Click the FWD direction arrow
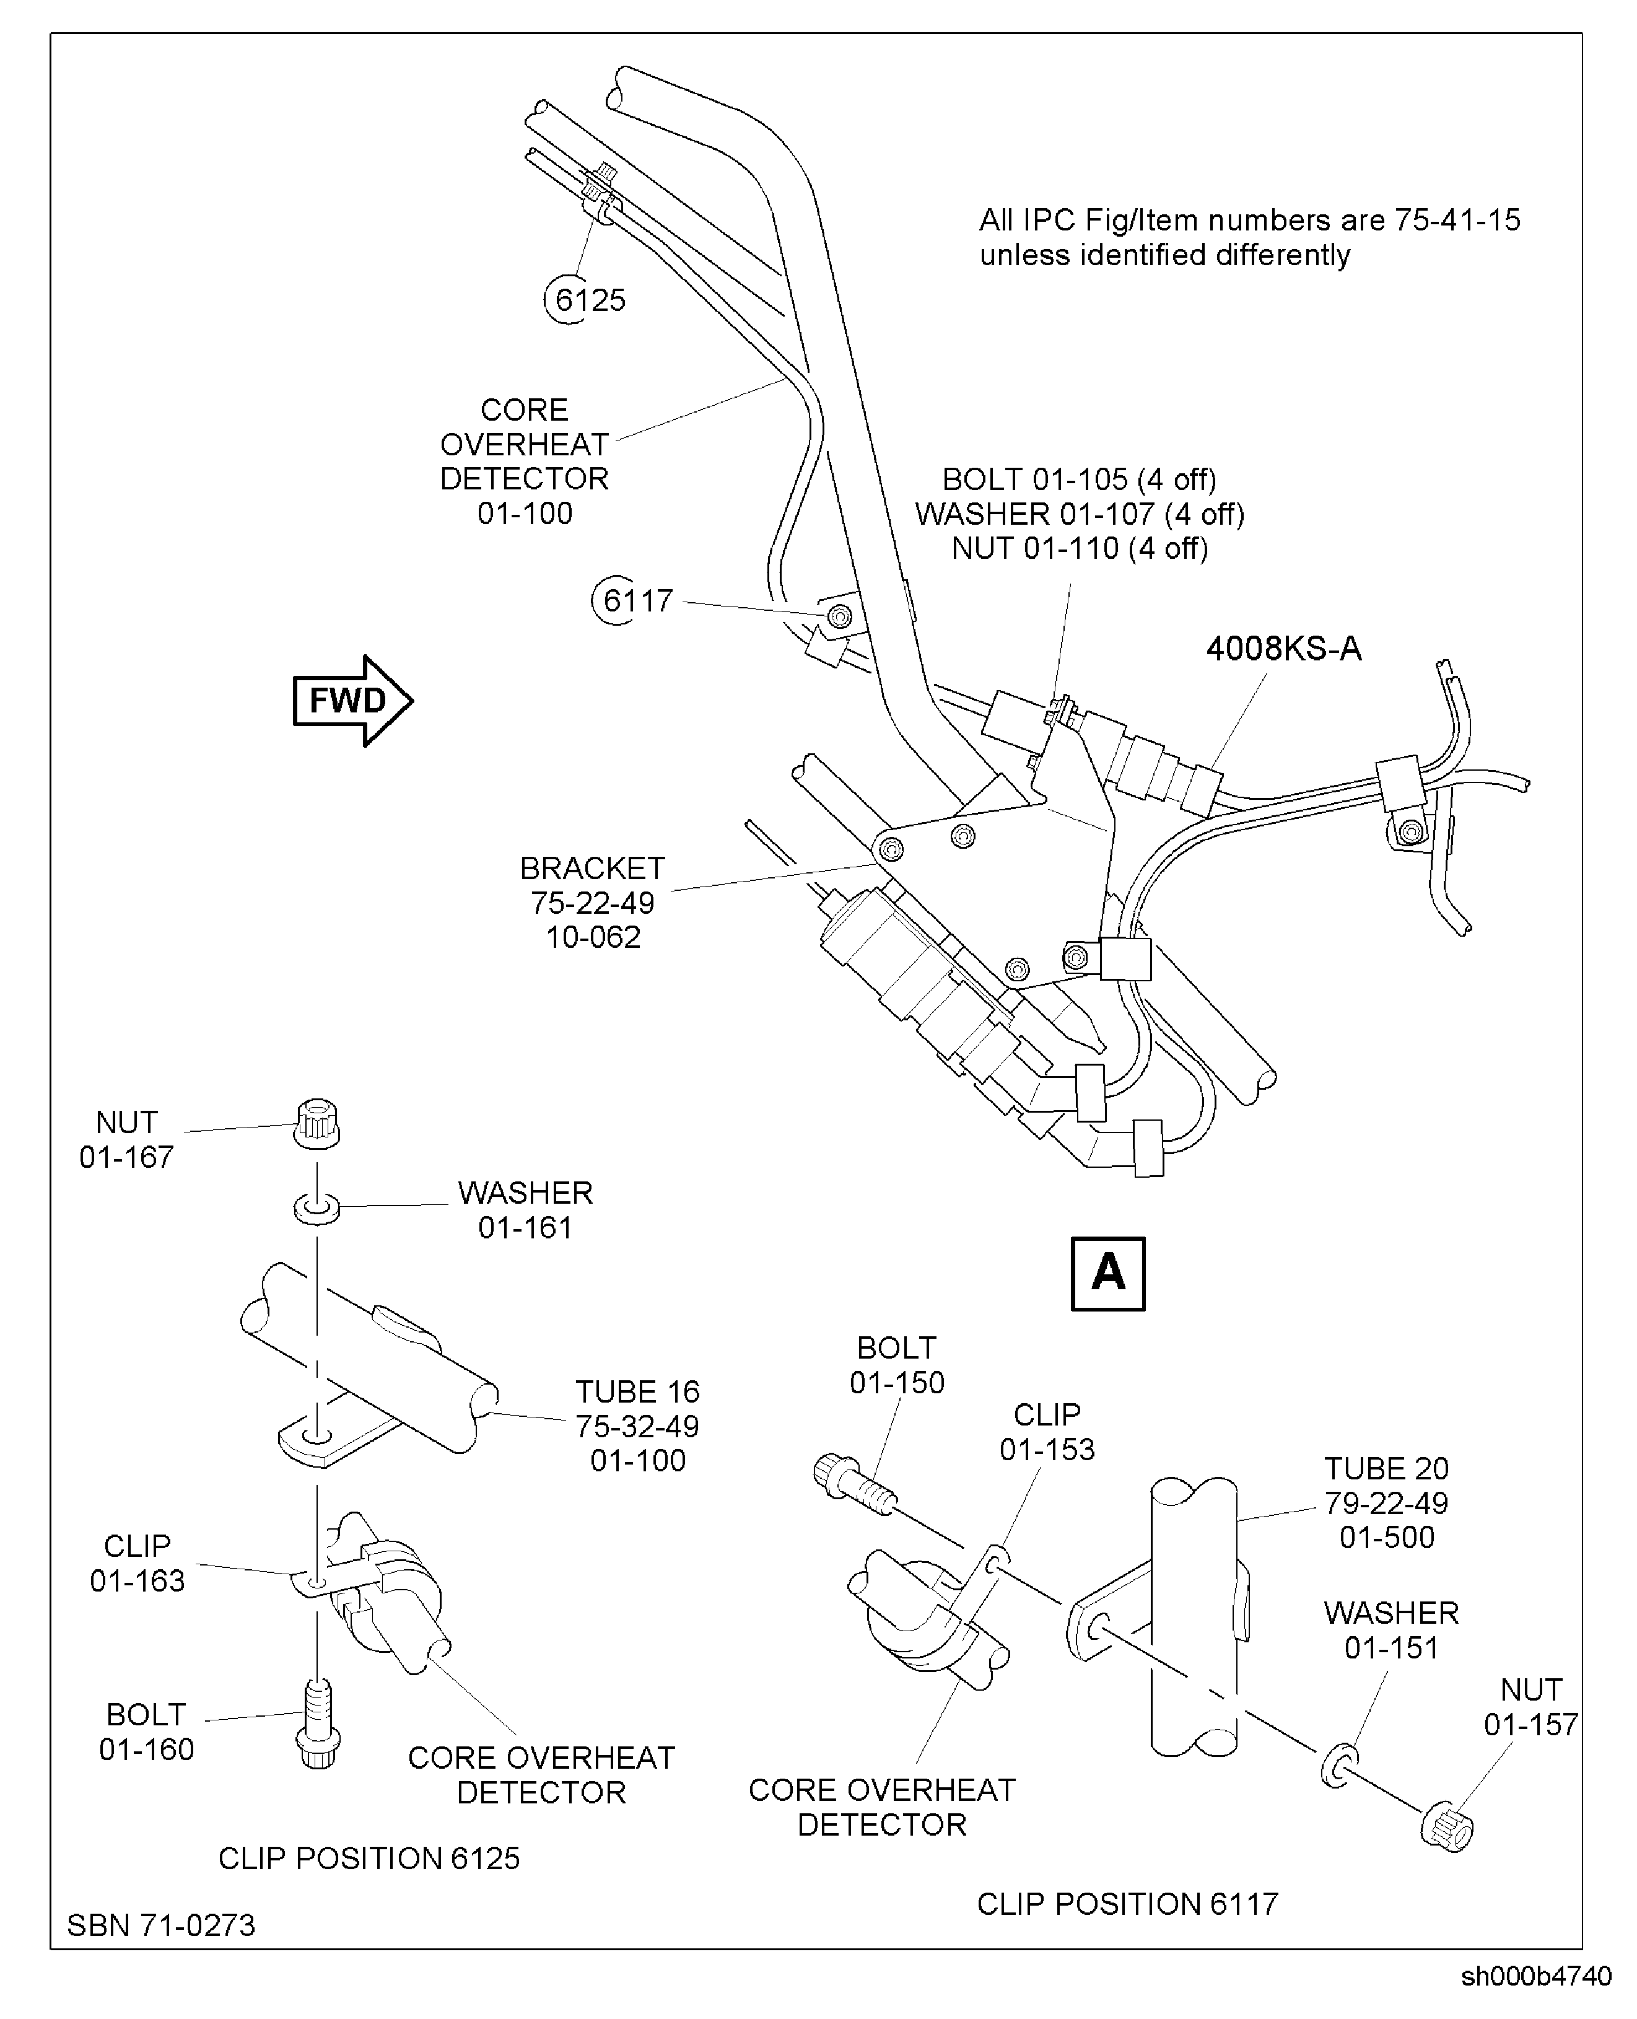(x=351, y=701)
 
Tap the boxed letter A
(x=1108, y=1273)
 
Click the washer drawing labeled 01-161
(x=317, y=1208)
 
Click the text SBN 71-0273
(x=161, y=1925)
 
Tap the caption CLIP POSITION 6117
(x=1127, y=1903)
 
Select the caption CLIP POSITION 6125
(x=369, y=1858)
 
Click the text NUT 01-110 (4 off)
(x=1079, y=548)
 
